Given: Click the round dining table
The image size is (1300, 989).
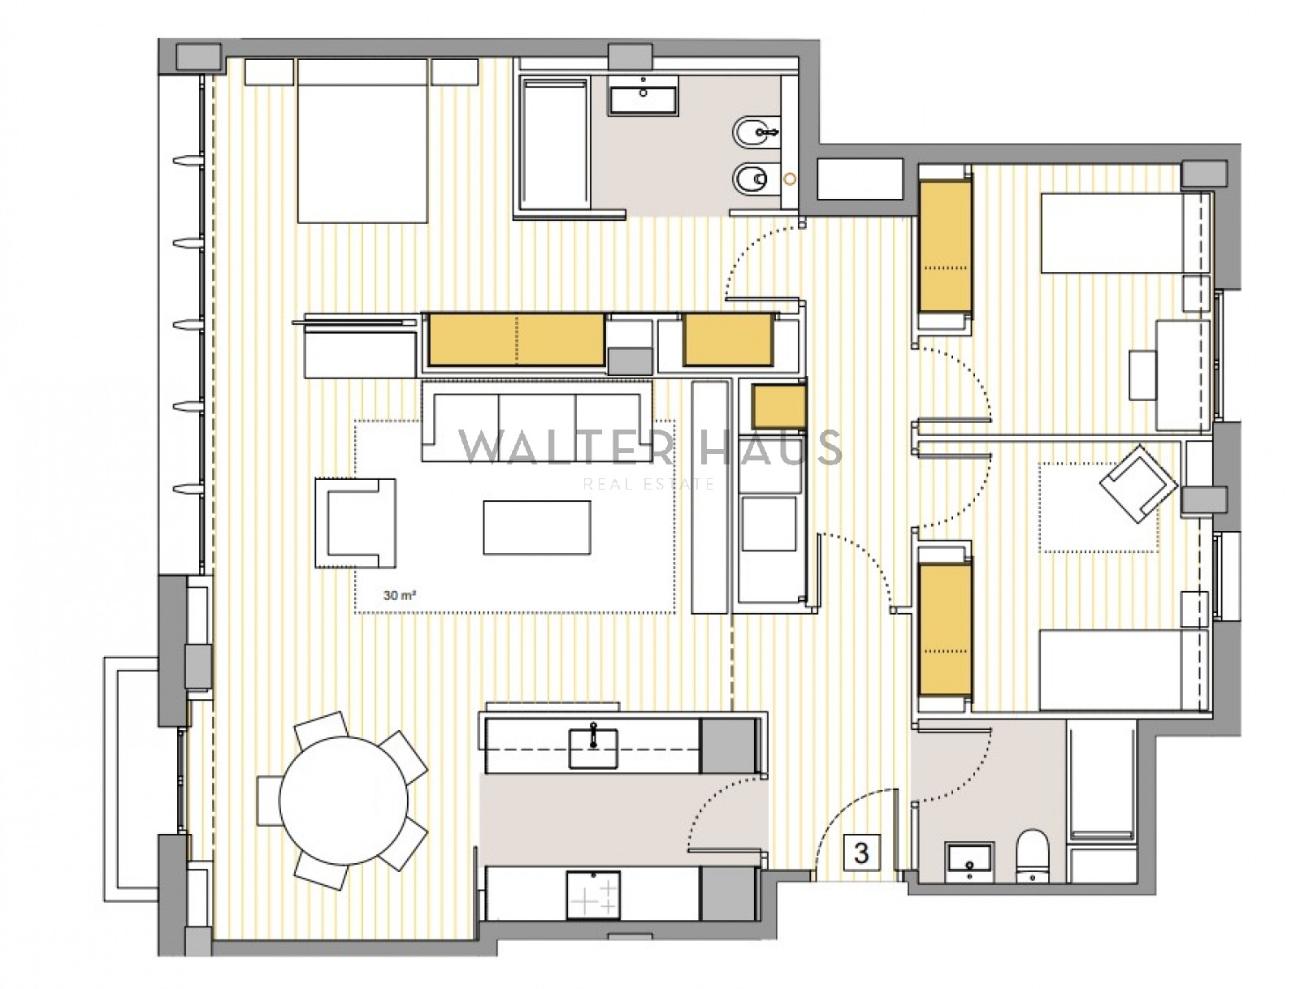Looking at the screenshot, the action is [x=344, y=800].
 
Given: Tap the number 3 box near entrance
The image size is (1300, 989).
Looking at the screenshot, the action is [x=862, y=853].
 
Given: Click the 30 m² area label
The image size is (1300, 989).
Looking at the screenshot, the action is [x=399, y=595].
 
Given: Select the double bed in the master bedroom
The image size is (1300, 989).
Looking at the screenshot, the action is [x=362, y=140].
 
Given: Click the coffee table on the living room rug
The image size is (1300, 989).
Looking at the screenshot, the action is [x=536, y=527].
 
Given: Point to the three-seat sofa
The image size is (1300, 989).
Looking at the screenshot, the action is [x=536, y=421].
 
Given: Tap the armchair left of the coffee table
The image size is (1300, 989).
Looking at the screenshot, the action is [x=355, y=523].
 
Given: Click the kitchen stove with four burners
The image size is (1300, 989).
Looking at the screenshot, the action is [x=593, y=894].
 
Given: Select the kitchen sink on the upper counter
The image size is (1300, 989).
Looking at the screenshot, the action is [x=593, y=748].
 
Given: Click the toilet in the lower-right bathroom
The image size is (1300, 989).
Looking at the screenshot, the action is [x=1033, y=856].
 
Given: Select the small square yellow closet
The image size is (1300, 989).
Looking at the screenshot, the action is [x=779, y=407].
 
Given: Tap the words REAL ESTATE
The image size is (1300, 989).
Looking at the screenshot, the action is [x=649, y=485].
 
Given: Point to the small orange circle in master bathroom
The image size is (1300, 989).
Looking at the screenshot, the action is [x=790, y=178].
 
